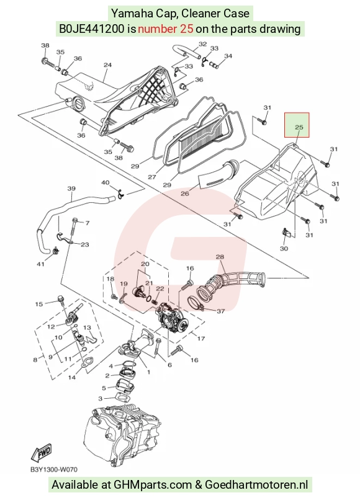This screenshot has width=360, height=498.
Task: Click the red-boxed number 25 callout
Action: tap(299, 127)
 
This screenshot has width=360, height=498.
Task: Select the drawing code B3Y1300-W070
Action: tap(54, 469)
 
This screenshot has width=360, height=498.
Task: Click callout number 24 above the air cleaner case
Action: tap(108, 64)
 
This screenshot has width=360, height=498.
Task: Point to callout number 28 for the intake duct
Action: tap(220, 256)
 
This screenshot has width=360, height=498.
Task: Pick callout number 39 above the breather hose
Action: tap(71, 189)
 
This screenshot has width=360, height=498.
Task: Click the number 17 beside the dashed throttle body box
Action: tap(201, 339)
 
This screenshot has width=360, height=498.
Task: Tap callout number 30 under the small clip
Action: tap(284, 248)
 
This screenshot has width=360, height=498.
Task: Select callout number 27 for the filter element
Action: tap(152, 177)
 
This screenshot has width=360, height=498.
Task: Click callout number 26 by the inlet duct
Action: tap(184, 193)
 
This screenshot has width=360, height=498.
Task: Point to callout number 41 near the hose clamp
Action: tap(40, 264)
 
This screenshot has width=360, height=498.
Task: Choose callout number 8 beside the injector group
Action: tap(35, 360)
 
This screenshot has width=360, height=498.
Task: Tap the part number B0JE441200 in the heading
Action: tap(92, 29)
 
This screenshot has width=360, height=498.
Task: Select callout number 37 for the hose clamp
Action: tap(220, 311)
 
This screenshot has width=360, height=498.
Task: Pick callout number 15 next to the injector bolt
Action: tap(38, 305)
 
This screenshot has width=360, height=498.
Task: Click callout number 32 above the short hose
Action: tap(202, 44)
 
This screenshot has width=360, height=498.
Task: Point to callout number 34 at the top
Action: tap(228, 56)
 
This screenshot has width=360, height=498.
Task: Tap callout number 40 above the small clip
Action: tap(105, 182)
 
